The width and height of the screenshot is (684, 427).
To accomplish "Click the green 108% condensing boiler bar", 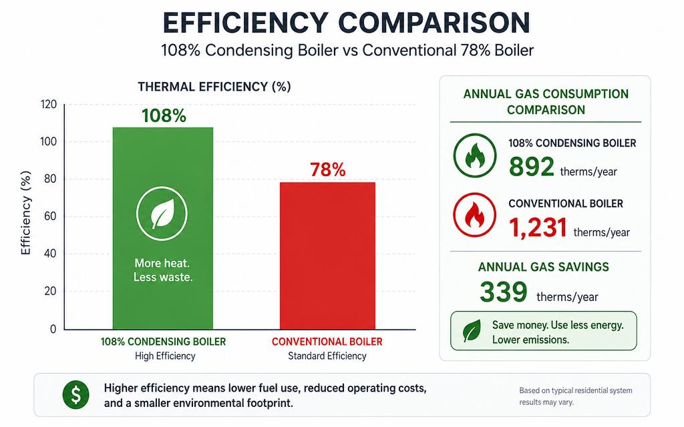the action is [163, 228].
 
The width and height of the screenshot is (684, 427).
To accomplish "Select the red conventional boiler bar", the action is [327, 256].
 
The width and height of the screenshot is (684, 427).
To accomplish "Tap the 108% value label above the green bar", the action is [164, 116].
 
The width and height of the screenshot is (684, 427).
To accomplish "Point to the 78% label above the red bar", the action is [327, 169].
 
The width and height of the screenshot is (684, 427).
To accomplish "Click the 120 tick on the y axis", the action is [49, 105].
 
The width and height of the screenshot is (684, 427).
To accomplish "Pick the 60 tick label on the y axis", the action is [51, 217].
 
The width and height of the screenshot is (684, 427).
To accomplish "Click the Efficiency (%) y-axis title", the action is [26, 213].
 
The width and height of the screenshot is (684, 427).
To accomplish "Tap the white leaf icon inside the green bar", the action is [162, 213].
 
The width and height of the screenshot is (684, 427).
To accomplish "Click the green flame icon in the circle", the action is [475, 155].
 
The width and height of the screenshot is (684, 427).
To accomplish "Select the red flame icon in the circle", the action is [475, 215].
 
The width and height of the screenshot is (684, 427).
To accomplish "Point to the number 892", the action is [531, 166].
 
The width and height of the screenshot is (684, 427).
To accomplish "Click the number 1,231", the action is [538, 228].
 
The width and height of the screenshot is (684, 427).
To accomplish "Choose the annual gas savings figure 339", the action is [504, 292].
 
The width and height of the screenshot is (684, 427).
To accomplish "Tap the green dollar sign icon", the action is [76, 395].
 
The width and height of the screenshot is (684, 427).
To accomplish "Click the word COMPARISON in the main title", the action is [434, 23].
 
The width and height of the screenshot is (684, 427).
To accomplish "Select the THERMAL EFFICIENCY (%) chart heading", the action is [214, 87].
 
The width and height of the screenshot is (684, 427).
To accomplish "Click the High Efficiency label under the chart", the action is [165, 356].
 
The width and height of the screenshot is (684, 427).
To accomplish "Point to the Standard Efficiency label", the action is [327, 356].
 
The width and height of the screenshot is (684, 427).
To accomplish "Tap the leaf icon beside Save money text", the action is [472, 331].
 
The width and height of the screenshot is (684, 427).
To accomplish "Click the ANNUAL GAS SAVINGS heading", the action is [544, 267].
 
